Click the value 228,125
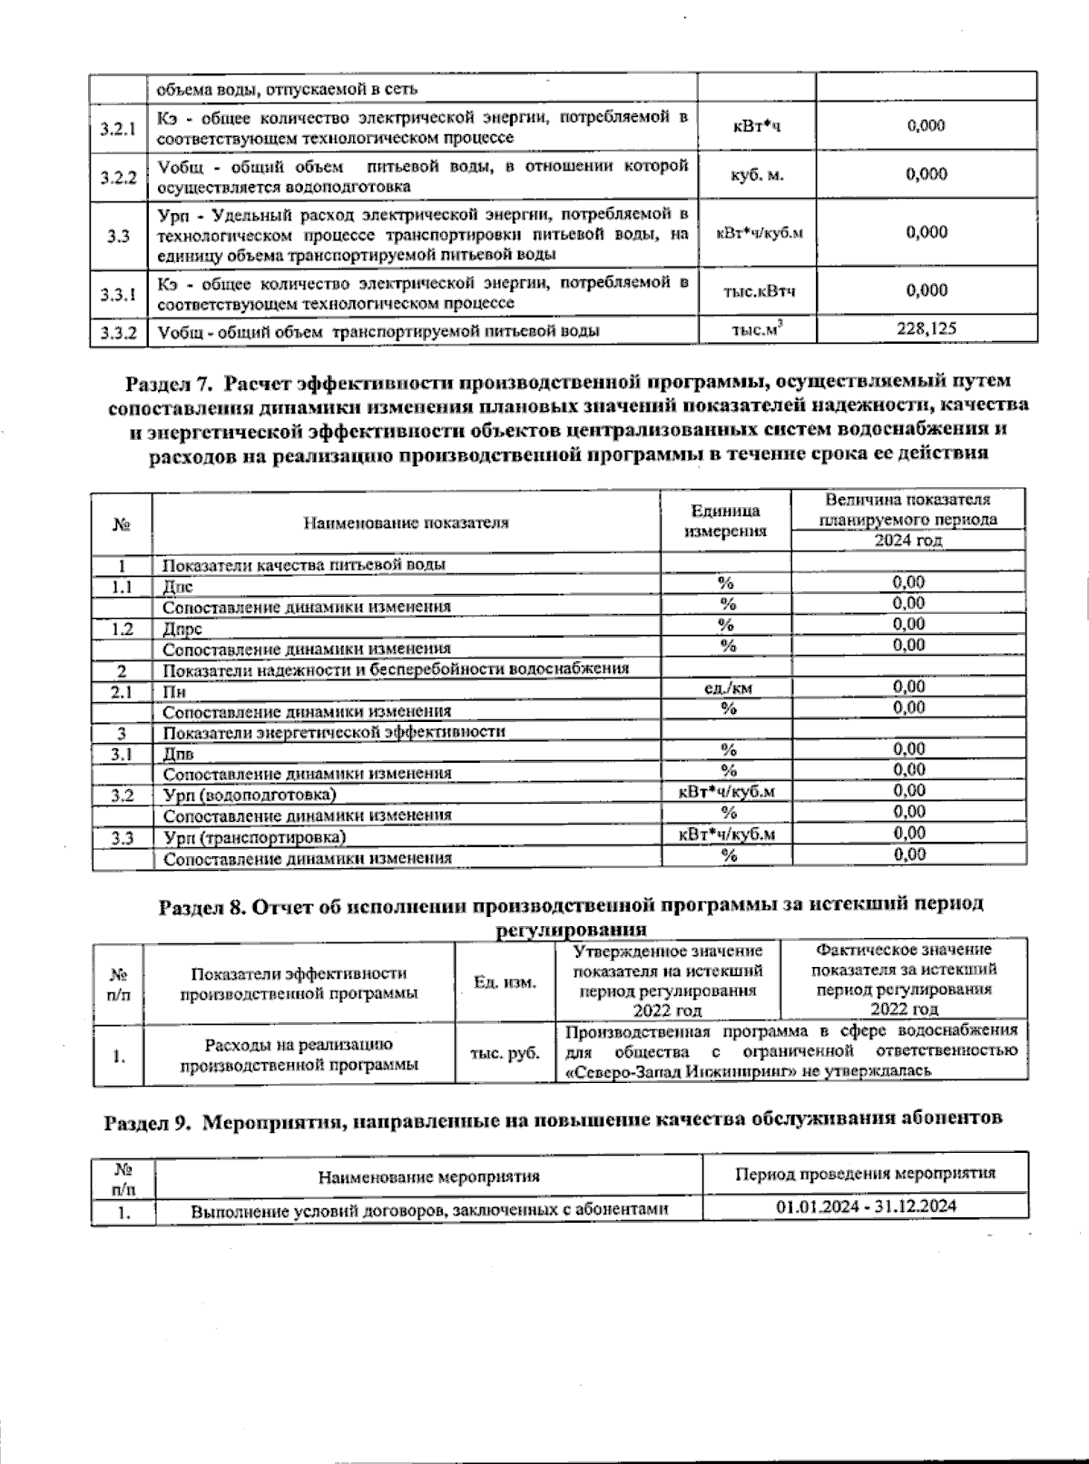[x=926, y=329]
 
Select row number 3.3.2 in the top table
[x=119, y=332]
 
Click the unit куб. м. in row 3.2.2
[x=757, y=176]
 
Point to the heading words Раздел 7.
[x=162, y=380]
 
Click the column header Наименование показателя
[x=406, y=522]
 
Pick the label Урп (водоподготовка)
[x=250, y=795]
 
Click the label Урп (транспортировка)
[x=254, y=836]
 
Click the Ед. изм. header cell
[x=505, y=981]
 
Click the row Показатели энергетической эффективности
[x=334, y=731]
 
